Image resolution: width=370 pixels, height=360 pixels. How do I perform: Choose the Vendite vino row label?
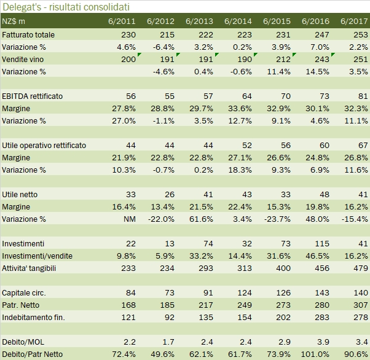pos(24,59)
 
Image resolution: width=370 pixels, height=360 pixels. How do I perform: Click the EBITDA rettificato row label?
pos(33,96)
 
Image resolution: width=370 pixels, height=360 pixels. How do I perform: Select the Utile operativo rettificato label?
pos(44,145)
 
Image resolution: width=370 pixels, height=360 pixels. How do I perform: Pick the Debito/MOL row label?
pos(22,342)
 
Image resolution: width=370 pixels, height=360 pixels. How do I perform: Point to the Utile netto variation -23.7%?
pos(277,219)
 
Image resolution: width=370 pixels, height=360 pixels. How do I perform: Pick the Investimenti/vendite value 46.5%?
pos(317,256)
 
